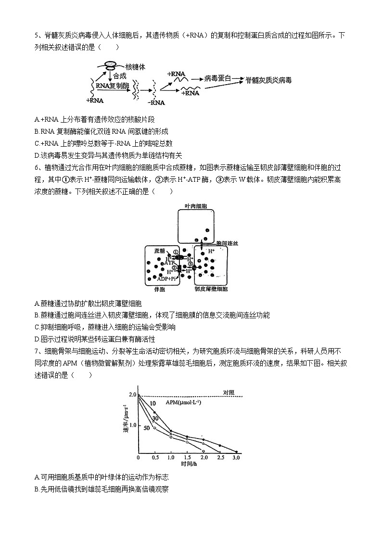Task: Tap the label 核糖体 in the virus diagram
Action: point(136,65)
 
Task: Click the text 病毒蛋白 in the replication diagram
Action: point(217,77)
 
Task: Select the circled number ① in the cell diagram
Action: point(176,251)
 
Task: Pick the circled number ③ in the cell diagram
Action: point(191,264)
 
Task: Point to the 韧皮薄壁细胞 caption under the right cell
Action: point(211,289)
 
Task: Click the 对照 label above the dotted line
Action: point(229,392)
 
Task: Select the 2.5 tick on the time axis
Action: point(220,458)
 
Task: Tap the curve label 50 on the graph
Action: point(147,427)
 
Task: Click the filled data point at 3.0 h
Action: point(236,452)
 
